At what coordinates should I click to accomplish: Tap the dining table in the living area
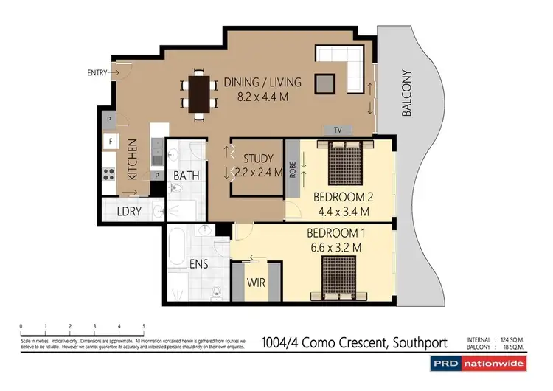pyautogui.click(x=199, y=94)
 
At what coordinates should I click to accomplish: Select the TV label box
pyautogui.click(x=338, y=131)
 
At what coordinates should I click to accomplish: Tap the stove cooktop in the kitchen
pyautogui.click(x=109, y=175)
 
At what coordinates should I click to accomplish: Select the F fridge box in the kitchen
pyautogui.click(x=110, y=139)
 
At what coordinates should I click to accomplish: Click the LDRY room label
pyautogui.click(x=129, y=211)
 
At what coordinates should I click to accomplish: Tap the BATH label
pyautogui.click(x=185, y=176)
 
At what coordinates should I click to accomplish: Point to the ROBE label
pyautogui.click(x=293, y=170)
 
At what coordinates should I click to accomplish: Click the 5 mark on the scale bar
pyautogui.click(x=144, y=325)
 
